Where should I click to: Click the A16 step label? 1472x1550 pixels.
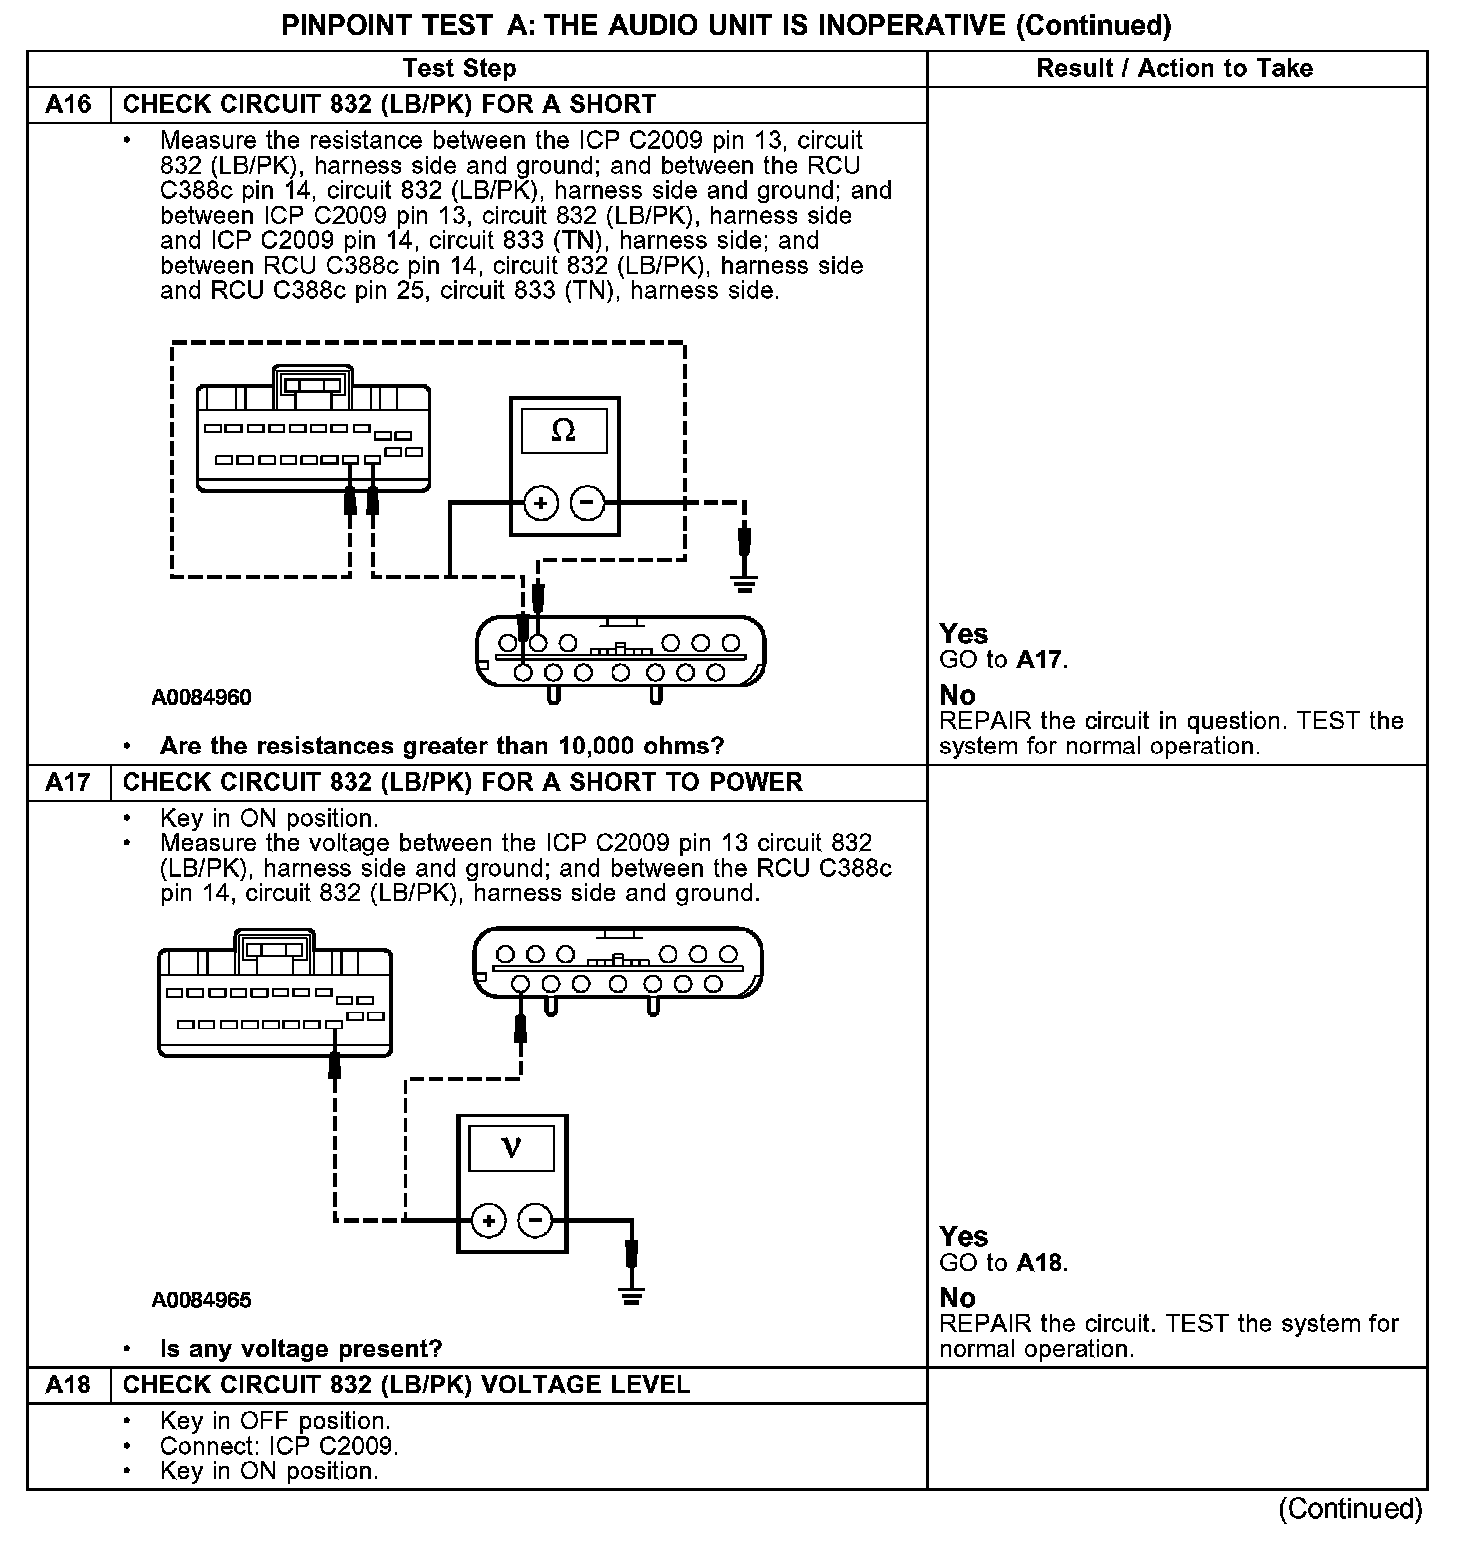pyautogui.click(x=68, y=105)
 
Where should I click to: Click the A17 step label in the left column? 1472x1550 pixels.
pyautogui.click(x=68, y=782)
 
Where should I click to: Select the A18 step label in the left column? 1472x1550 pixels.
pyautogui.click(x=68, y=1385)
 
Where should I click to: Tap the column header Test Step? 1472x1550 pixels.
pyautogui.click(x=459, y=69)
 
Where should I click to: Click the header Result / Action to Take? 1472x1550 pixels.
pyautogui.click(x=1175, y=69)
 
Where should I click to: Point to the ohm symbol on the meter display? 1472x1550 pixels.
pyautogui.click(x=564, y=431)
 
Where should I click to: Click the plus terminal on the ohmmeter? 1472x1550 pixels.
pyautogui.click(x=541, y=503)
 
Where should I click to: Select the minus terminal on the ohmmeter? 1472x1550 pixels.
pyautogui.click(x=588, y=503)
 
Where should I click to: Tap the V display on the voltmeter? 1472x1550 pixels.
pyautogui.click(x=511, y=1146)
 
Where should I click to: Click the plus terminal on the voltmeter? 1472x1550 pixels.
pyautogui.click(x=488, y=1221)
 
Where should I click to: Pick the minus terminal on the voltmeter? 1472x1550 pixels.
pyautogui.click(x=536, y=1221)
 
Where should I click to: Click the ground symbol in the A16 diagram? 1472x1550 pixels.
pyautogui.click(x=745, y=580)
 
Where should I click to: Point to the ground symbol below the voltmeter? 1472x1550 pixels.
pyautogui.click(x=631, y=1296)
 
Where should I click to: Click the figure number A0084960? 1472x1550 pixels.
pyautogui.click(x=202, y=697)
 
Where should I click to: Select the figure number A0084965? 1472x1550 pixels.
pyautogui.click(x=202, y=1300)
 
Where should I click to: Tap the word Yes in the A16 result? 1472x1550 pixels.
pyautogui.click(x=964, y=634)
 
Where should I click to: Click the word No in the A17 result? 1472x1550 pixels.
pyautogui.click(x=957, y=1298)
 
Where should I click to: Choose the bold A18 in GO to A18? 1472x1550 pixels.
pyautogui.click(x=1040, y=1263)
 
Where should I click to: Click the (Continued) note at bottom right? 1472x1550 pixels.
pyautogui.click(x=1350, y=1508)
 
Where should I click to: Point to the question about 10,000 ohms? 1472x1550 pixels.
pyautogui.click(x=442, y=746)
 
